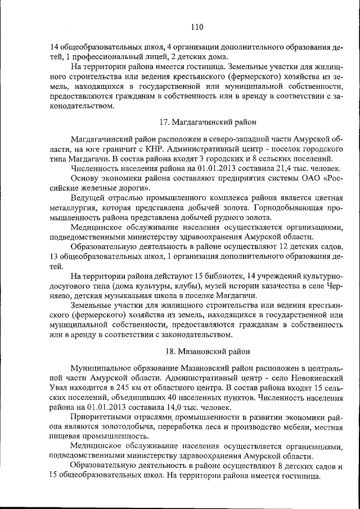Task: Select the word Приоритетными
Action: point(101,417)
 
